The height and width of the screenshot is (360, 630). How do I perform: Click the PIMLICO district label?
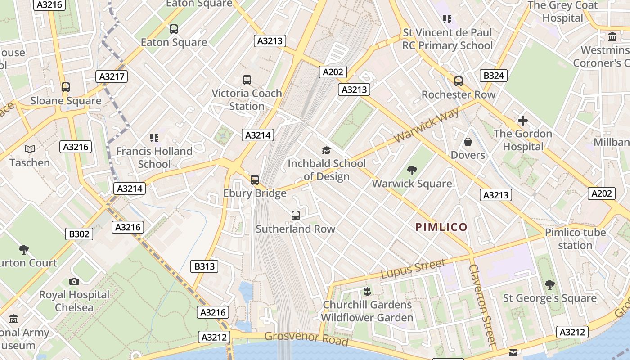pyautogui.click(x=441, y=227)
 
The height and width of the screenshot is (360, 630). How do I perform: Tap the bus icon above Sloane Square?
pyautogui.click(x=66, y=87)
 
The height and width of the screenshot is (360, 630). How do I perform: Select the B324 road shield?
pyautogui.click(x=493, y=76)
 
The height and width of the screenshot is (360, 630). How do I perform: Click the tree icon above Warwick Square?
pyautogui.click(x=412, y=171)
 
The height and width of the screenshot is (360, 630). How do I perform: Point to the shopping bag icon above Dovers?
pyautogui.click(x=468, y=142)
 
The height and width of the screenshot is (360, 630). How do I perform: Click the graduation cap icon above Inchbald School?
pyautogui.click(x=326, y=151)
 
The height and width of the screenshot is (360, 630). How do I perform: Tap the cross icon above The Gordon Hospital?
pyautogui.click(x=522, y=121)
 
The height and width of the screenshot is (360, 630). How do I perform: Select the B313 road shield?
pyautogui.click(x=204, y=266)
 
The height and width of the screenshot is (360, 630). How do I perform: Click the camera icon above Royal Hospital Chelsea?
pyautogui.click(x=74, y=282)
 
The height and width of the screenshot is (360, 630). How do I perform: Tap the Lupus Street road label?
pyautogui.click(x=413, y=268)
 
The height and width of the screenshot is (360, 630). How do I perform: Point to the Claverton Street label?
pyautogui.click(x=482, y=304)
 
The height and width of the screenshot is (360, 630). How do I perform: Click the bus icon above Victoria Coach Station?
pyautogui.click(x=247, y=80)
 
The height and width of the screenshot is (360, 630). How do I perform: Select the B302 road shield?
pyautogui.click(x=79, y=234)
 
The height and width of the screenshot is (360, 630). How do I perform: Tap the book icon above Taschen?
pyautogui.click(x=30, y=149)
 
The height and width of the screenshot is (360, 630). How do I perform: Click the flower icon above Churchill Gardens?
pyautogui.click(x=367, y=291)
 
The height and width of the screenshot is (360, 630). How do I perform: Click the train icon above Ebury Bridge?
pyautogui.click(x=255, y=180)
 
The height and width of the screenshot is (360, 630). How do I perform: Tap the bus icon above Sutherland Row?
pyautogui.click(x=295, y=216)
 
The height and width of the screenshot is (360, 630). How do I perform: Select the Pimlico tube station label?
pyautogui.click(x=575, y=239)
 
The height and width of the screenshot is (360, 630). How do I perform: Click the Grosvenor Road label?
pyautogui.click(x=306, y=338)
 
